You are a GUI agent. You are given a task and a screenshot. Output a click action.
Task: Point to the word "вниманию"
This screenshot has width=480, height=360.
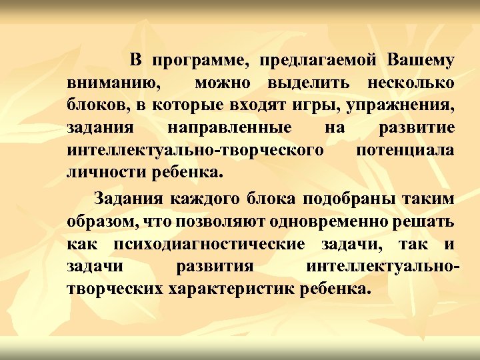[113, 84]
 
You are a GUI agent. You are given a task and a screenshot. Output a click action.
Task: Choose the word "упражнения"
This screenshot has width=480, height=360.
[403, 105]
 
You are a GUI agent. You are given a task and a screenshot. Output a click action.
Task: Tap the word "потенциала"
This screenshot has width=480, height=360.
[405, 149]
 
